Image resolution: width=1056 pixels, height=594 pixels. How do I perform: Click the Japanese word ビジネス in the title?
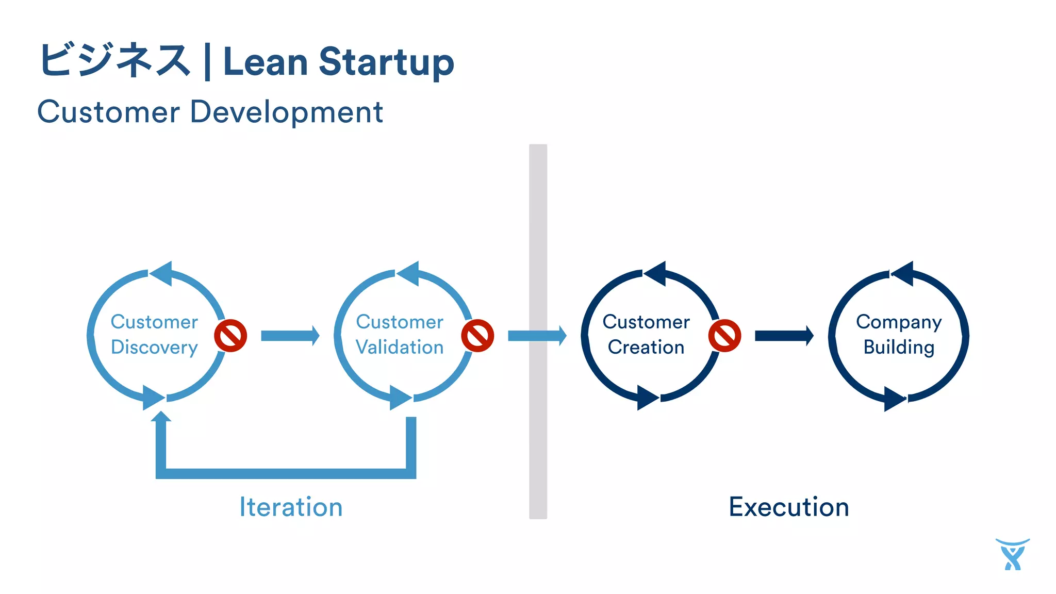114,61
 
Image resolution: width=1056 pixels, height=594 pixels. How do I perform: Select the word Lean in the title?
266,62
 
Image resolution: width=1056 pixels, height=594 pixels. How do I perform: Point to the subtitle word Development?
286,112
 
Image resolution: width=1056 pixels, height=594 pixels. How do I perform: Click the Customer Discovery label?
154,335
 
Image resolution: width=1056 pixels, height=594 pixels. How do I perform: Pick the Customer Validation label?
400,335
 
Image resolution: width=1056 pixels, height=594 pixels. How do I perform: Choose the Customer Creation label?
646,335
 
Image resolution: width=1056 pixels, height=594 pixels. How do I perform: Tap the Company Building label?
899,335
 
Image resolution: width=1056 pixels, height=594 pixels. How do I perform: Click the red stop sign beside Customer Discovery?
230,336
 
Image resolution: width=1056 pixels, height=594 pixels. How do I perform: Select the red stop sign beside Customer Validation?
477,336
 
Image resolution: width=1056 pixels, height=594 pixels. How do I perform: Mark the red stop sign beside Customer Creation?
724,336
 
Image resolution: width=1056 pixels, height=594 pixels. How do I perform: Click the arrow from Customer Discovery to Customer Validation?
290,336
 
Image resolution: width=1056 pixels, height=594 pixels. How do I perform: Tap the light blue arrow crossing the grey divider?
537,336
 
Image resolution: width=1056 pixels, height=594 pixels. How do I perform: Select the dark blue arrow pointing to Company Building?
784,336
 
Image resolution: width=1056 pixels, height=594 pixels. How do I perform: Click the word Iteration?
291,507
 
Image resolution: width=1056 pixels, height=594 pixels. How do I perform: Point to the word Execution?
788,507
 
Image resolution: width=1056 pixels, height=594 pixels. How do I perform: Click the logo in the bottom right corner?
1012,555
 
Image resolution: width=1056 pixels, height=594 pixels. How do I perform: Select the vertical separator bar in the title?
207,62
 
